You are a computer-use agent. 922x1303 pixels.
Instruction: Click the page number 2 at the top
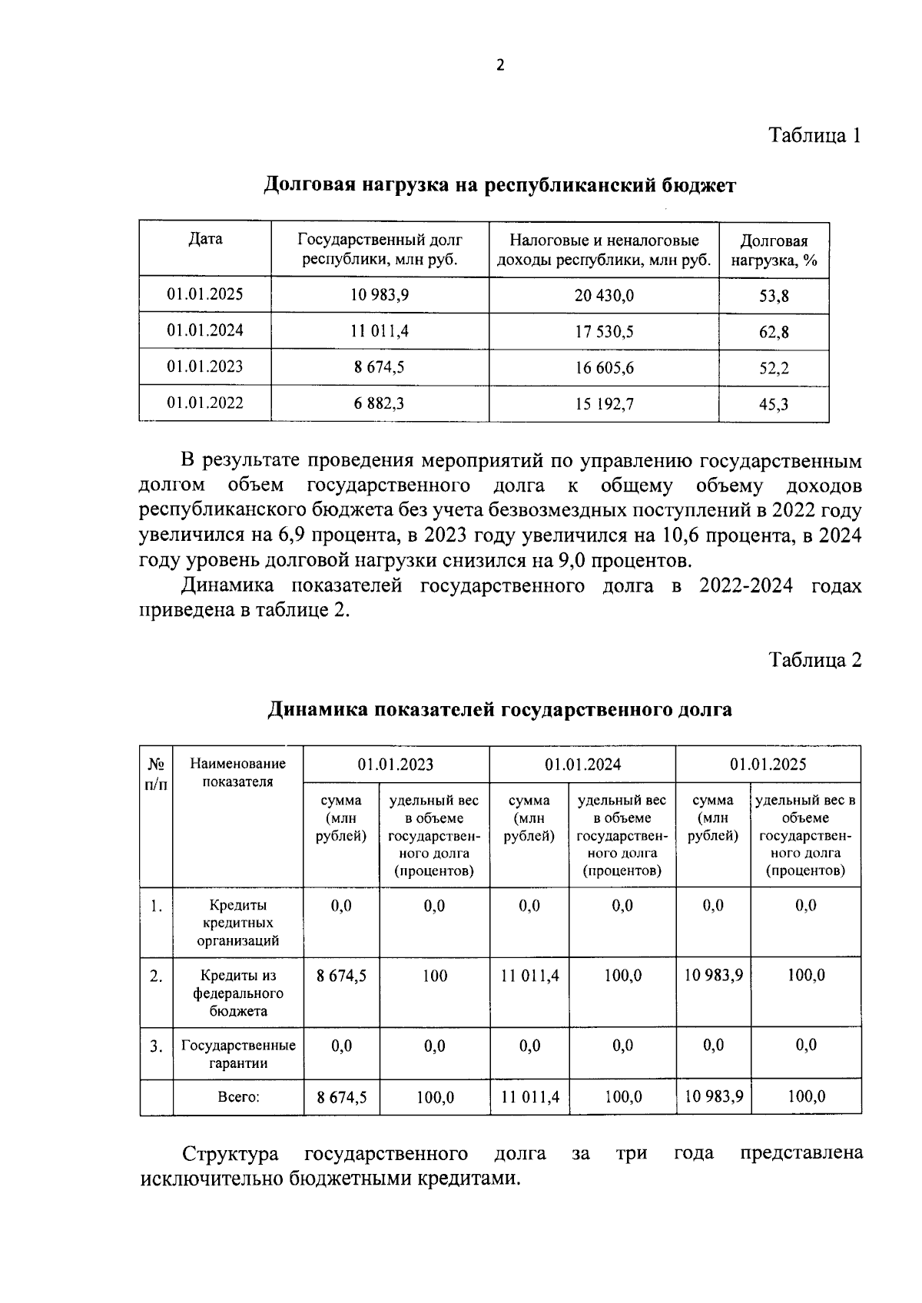pos(500,66)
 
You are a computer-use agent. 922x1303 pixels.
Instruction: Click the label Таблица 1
pos(815,136)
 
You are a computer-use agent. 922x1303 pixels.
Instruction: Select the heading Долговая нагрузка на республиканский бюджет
pos(500,185)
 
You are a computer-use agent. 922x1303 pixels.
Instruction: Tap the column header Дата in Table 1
pos(205,239)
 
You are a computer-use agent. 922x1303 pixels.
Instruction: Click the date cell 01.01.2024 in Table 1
pos(205,331)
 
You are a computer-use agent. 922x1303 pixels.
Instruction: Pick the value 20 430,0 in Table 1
pos(604,296)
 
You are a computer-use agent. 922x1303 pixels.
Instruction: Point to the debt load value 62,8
pos(774,333)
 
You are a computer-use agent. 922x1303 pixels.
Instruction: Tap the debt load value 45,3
pos(774,405)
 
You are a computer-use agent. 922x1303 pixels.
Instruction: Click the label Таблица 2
pos(815,660)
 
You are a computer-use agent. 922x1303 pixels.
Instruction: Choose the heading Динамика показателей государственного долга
pos(499,709)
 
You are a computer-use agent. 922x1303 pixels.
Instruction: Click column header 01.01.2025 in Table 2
pos(768,764)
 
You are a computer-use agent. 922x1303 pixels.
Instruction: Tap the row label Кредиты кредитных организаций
pos(237,923)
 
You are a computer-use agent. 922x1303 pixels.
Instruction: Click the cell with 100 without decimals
pos(434,976)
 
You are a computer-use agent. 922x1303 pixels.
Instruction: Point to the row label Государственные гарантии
pos(237,1054)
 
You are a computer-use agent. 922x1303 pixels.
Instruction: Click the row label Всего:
pos(237,1098)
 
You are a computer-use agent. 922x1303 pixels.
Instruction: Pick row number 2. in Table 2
pos(156,976)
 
